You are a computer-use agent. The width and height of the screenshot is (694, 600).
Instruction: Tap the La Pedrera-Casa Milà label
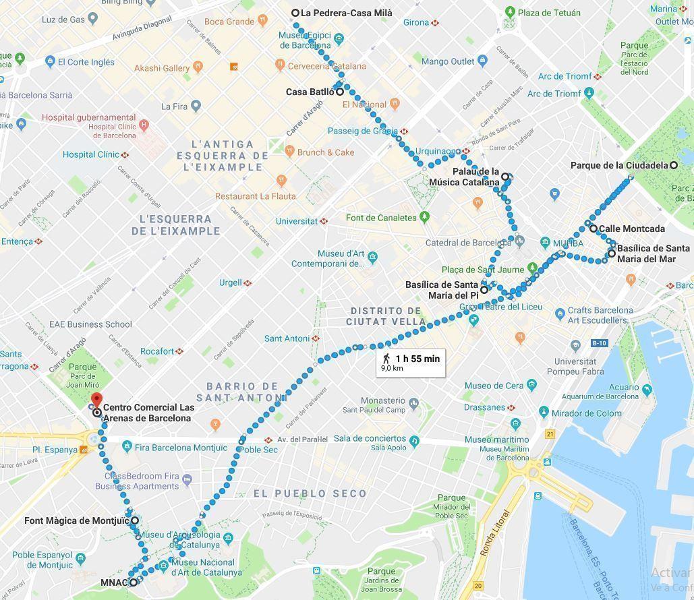[346, 13]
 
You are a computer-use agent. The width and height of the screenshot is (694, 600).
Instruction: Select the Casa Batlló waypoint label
[310, 92]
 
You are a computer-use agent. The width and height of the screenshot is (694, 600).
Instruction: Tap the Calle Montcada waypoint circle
[594, 229]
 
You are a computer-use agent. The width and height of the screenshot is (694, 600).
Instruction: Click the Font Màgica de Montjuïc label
[76, 520]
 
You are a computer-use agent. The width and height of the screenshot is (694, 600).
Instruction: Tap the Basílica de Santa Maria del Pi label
[442, 290]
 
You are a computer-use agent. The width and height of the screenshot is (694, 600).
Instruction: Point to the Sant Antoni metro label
[287, 338]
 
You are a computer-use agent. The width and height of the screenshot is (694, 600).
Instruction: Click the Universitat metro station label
[297, 221]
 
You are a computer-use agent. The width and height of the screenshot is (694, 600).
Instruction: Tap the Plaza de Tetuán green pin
[511, 12]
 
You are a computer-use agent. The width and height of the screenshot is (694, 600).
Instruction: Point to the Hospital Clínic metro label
[91, 154]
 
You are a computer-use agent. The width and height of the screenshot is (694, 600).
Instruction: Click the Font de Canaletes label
[381, 218]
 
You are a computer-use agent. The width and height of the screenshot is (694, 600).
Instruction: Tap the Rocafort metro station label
[157, 351]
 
